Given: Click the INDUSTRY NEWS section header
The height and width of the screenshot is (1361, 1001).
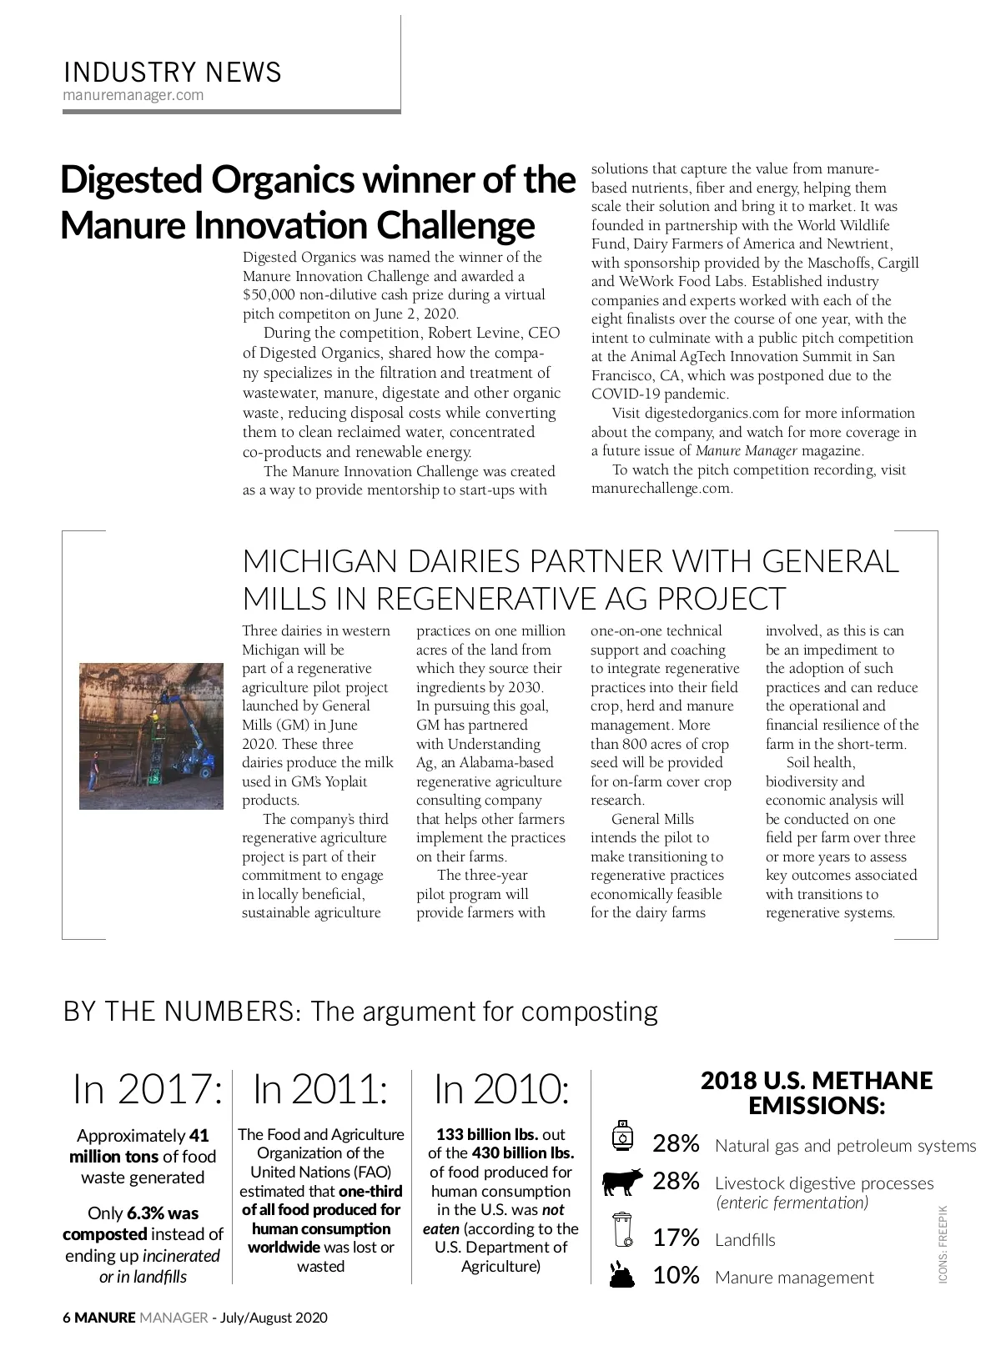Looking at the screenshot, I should click(173, 73).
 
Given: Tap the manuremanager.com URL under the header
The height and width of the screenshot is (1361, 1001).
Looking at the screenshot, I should click(133, 95).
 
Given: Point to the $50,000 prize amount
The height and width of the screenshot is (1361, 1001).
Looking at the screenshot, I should click(270, 295).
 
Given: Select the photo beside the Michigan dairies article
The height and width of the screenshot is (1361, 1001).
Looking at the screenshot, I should click(151, 736).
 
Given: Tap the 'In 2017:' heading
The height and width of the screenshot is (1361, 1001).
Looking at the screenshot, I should click(148, 1089).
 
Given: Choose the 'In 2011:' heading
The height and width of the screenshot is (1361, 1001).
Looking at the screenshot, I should click(320, 1089).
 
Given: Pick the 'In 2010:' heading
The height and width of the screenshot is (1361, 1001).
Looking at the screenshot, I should click(501, 1089).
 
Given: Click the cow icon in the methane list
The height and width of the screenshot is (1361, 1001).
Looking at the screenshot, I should click(622, 1182).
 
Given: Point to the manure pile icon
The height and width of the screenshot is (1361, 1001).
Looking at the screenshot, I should click(622, 1273).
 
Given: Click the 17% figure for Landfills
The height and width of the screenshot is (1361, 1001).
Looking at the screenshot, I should click(676, 1238).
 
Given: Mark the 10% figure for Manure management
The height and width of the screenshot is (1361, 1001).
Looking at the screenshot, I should click(676, 1276).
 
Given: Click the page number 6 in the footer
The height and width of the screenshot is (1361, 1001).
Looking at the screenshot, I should click(68, 1318).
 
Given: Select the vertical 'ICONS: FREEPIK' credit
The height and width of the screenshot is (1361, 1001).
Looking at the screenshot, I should click(943, 1243).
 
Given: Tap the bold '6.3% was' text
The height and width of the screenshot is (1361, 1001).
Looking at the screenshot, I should click(163, 1213).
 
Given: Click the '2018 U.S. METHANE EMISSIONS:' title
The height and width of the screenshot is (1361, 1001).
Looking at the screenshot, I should click(816, 1093).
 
